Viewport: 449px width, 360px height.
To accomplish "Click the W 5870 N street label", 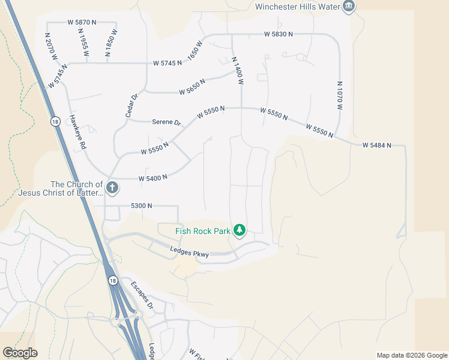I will tap(82, 22).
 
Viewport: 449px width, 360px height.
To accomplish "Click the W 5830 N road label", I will tap(278, 34).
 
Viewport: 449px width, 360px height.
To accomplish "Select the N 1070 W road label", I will tap(339, 95).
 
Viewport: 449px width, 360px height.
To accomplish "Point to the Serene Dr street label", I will tap(166, 122).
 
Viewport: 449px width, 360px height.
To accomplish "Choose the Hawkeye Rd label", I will tap(78, 133).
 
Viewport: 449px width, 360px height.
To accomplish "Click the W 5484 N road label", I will tap(376, 145).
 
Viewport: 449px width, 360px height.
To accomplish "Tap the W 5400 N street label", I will tap(152, 178).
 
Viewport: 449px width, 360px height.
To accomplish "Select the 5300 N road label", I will tap(142, 206).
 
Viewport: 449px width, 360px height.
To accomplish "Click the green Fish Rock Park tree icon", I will tap(240, 230).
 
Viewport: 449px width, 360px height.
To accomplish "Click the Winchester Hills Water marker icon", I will tap(349, 7).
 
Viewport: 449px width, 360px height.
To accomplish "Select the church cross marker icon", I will tap(112, 188).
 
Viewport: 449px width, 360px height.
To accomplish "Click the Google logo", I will tap(20, 353).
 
